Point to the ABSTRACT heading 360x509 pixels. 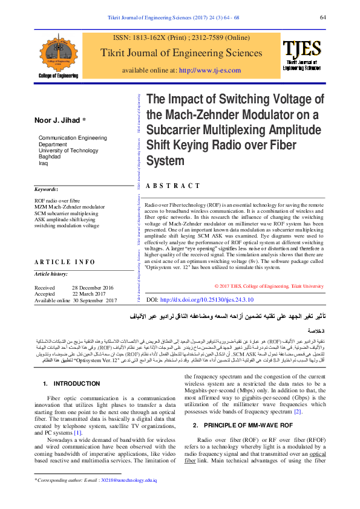173,186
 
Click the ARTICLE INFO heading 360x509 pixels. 65,262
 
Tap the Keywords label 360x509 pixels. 46,190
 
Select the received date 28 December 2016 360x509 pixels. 93,288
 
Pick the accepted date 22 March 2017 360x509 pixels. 93,294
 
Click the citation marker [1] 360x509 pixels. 77,416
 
